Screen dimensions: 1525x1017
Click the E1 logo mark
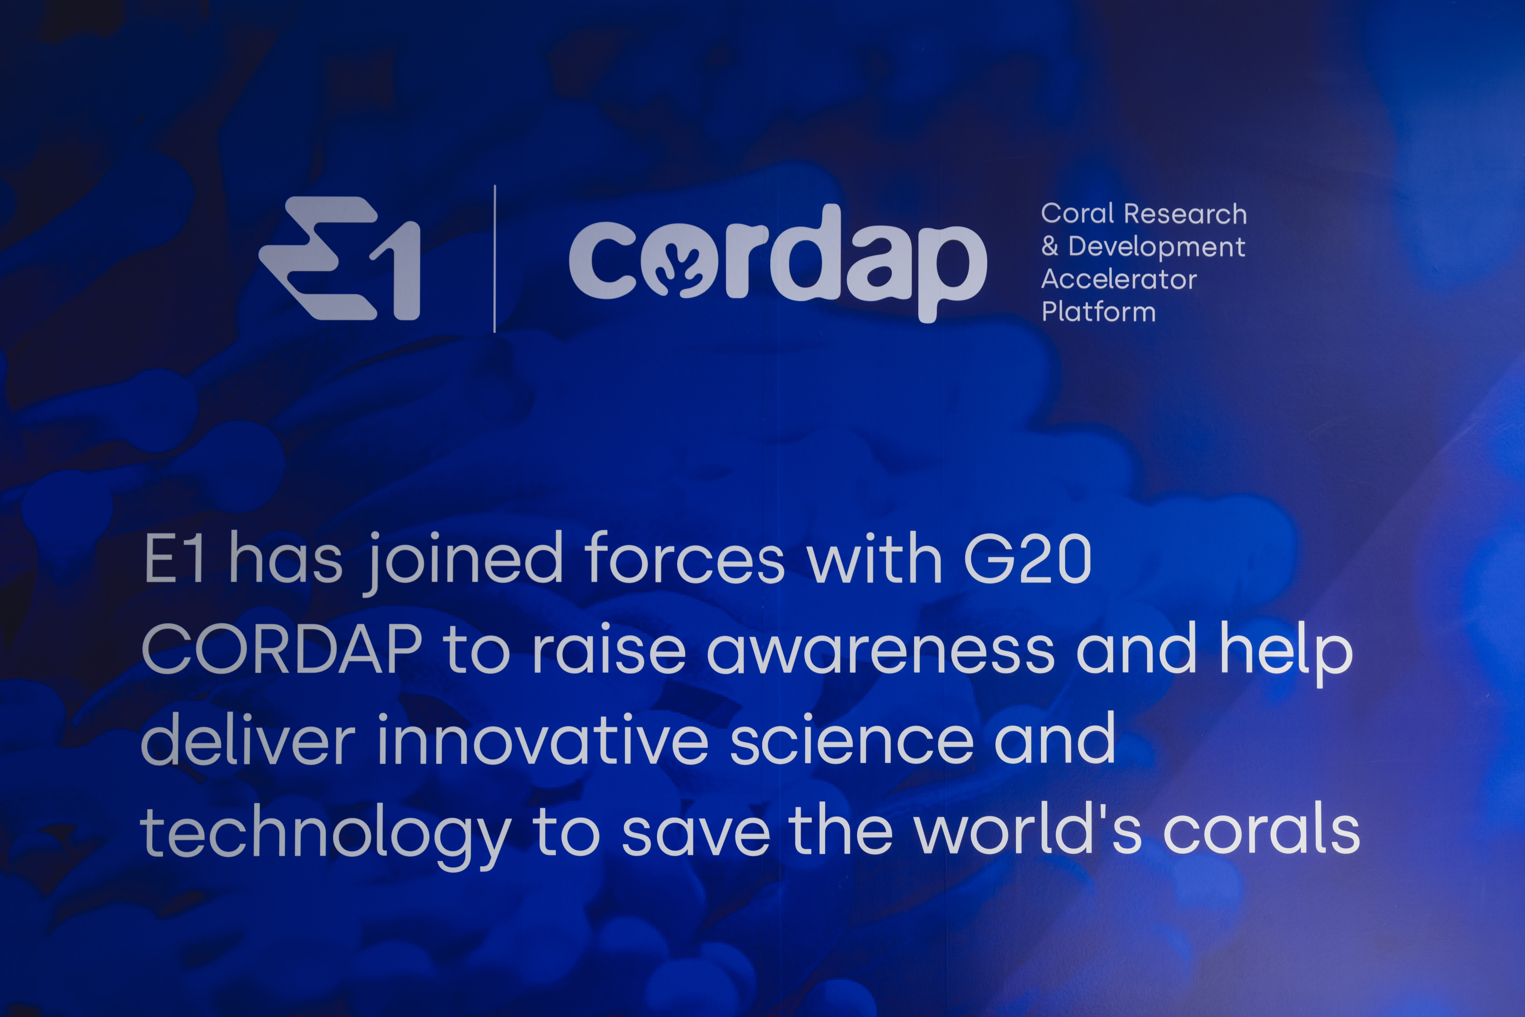tap(339, 258)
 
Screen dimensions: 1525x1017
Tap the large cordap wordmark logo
tap(778, 263)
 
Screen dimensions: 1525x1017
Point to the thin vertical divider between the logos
tap(495, 259)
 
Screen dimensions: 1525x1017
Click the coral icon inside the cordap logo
tap(678, 261)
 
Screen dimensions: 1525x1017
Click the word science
tap(852, 741)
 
